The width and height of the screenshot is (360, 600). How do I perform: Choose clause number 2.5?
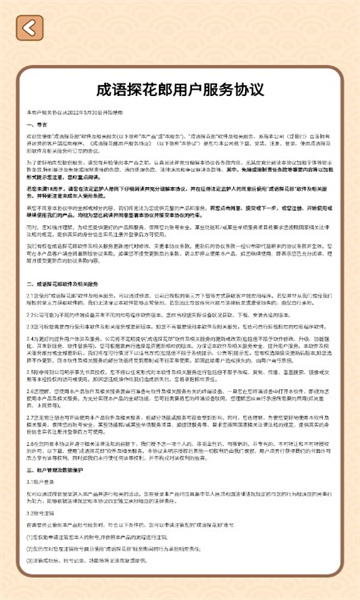[x=32, y=371]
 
